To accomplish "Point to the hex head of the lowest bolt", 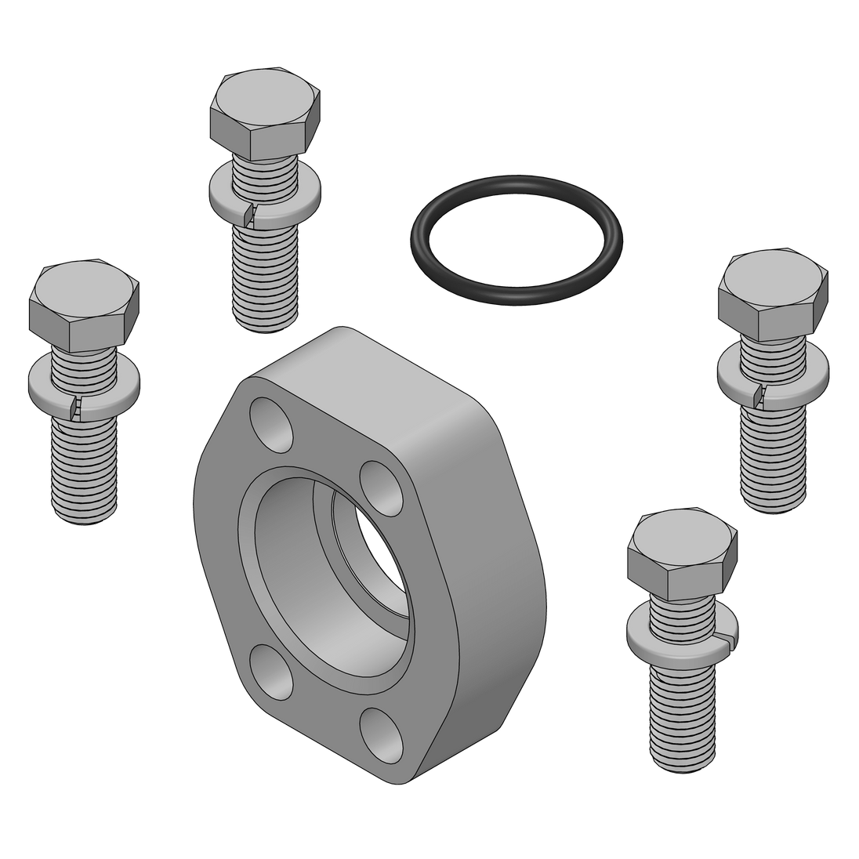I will point(681,555).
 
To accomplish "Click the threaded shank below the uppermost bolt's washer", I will point(266,270).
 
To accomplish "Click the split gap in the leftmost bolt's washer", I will point(74,405).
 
